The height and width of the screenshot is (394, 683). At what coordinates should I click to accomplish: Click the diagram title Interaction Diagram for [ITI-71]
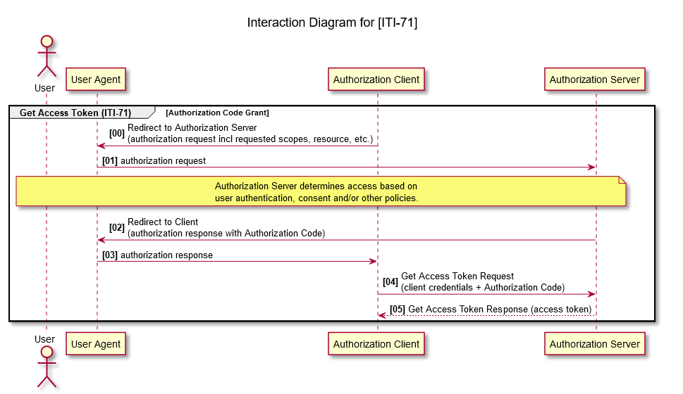coord(332,23)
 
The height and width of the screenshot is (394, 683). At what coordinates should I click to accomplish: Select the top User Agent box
coord(96,80)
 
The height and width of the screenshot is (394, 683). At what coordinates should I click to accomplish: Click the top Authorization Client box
coord(376,80)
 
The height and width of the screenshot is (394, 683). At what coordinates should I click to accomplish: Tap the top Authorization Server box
coord(595,80)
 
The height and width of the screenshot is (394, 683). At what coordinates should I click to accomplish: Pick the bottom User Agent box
coord(96,344)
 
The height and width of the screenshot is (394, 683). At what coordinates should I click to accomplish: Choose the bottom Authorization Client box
coord(376,344)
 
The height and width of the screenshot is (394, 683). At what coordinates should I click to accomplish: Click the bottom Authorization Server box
coord(595,344)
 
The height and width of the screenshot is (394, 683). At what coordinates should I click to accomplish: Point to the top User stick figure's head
coord(47,42)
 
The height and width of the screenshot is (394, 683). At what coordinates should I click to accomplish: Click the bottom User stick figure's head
coord(47,352)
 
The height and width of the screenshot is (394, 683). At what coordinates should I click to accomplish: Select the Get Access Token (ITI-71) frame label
coord(75,113)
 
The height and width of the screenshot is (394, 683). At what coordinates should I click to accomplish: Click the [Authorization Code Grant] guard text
coord(217,113)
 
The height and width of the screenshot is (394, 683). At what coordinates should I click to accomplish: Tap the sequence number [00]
coord(117,134)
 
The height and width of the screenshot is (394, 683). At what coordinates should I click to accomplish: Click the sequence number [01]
coord(110,161)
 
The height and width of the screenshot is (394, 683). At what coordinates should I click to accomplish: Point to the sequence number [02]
coord(117,228)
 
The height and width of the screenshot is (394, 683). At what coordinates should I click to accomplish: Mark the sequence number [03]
coord(110,255)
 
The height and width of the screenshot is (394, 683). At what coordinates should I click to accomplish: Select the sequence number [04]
coord(390,282)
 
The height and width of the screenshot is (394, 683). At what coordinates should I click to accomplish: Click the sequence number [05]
coord(398,310)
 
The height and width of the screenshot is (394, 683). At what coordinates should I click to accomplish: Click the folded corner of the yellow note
coord(622,181)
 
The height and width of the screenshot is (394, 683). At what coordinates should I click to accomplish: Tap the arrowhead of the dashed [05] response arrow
coord(381,315)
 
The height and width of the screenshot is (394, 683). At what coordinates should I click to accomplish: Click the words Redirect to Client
coord(163,222)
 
